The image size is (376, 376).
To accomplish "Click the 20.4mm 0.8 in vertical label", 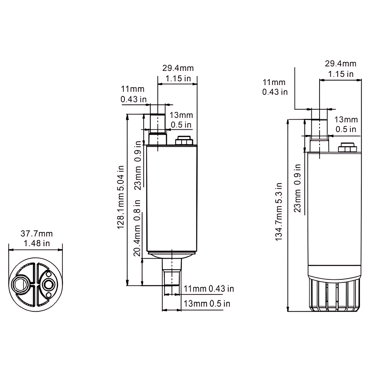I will (138, 228).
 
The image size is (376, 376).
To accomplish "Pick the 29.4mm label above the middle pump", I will (178, 68).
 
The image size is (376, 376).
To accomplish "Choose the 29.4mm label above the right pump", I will (340, 64).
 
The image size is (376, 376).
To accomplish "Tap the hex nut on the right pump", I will (347, 147).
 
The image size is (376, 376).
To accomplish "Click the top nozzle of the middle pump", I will (158, 128).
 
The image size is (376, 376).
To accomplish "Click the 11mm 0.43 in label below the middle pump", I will (209, 289).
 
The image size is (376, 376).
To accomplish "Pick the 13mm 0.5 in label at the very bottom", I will (207, 303).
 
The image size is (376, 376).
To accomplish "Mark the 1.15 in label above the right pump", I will (340, 74).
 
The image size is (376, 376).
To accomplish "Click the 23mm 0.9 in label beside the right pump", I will (298, 188).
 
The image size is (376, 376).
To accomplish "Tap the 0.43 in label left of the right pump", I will (275, 91).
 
